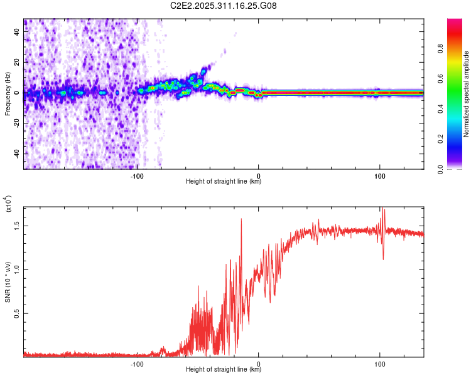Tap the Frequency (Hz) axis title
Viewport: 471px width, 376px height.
click(8, 94)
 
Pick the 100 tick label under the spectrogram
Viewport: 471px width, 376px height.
click(380, 176)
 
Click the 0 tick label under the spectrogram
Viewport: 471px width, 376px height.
click(259, 176)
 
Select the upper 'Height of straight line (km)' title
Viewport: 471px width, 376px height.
click(224, 182)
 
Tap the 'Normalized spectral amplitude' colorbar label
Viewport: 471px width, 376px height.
click(467, 94)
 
